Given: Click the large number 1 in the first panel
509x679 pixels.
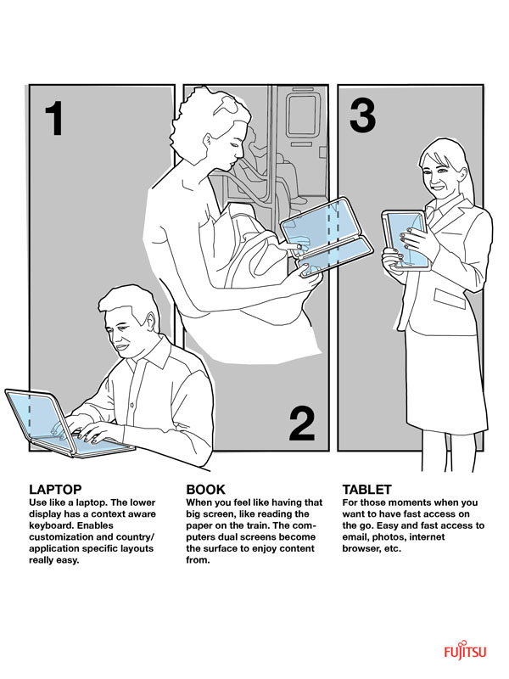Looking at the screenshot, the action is click(55, 118).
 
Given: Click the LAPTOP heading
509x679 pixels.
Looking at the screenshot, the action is click(55, 490).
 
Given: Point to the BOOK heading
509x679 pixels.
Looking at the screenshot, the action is click(205, 490).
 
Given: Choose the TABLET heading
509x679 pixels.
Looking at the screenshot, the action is click(367, 490).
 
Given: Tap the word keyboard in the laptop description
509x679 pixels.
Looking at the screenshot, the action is click(49, 525).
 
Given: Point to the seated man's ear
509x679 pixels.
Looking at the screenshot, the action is click(150, 323).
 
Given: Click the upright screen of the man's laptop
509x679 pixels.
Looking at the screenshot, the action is click(36, 416).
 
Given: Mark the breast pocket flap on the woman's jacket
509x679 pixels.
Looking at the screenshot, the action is click(450, 299).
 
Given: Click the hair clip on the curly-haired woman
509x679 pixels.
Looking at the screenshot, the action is click(228, 104).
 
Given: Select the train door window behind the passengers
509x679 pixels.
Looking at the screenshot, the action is click(301, 115).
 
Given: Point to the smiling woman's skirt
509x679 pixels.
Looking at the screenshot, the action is click(446, 381).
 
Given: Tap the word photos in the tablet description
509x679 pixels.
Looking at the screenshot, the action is click(389, 537).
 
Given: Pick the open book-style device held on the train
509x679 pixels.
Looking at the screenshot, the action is click(327, 238).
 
